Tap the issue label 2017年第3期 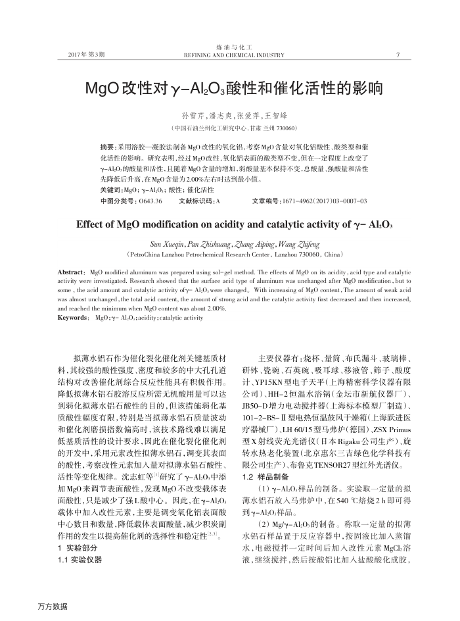(86, 55)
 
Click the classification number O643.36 (150, 200)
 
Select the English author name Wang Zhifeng (292, 242)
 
